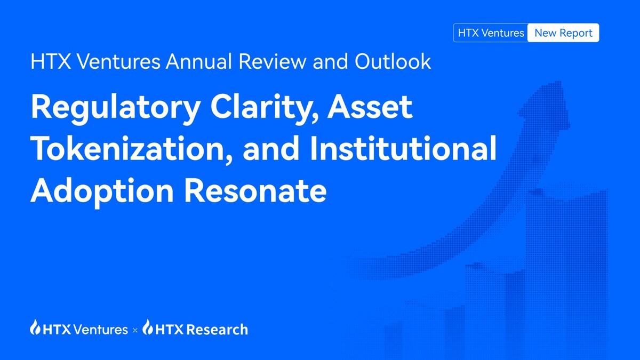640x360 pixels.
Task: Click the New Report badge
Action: click(563, 33)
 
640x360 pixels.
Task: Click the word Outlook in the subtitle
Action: click(392, 62)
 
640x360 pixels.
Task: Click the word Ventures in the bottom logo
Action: click(101, 329)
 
